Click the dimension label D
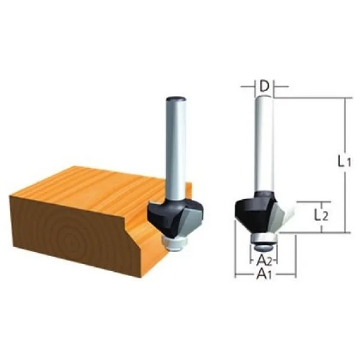click(264, 86)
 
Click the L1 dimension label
click(344, 161)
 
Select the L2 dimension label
click(321, 216)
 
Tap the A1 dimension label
click(264, 274)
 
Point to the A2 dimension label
click(264, 261)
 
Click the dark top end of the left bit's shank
click(176, 99)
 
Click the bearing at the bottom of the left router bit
click(175, 244)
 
